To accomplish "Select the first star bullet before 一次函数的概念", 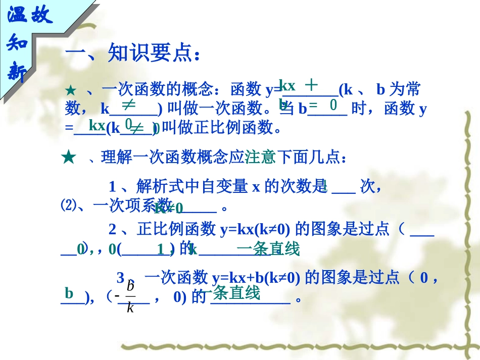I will pos(70,91).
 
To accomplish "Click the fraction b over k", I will pos(130,296).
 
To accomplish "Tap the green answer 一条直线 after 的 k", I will pos(268,249).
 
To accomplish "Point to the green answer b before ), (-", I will pos(69,293).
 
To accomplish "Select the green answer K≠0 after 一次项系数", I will pos(168,208).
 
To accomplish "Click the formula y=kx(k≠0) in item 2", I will pos(255,230).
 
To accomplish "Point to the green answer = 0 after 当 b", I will pos(323,106).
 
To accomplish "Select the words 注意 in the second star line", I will pos(260,158).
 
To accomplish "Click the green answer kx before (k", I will pos(97,124).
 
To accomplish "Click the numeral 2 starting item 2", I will pos(113,230).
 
